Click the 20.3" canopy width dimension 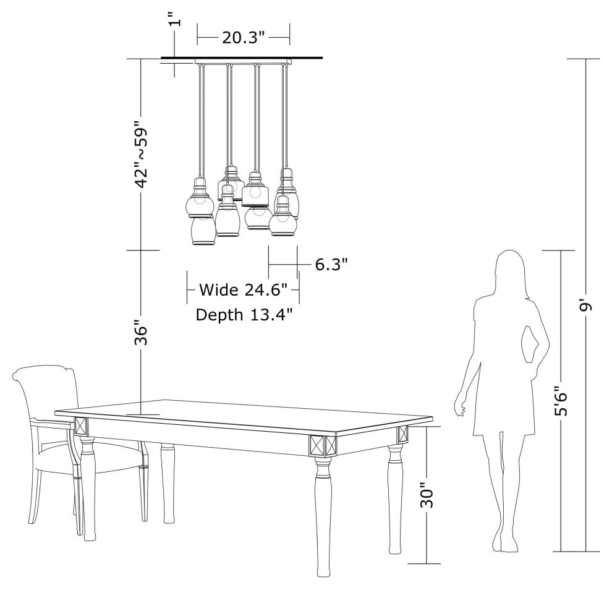click(244, 38)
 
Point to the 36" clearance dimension click(140, 332)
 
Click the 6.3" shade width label click(331, 265)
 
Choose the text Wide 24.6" click(244, 289)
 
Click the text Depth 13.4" click(244, 315)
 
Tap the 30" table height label click(427, 495)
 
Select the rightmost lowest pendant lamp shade click(284, 221)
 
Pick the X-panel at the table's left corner click(81, 426)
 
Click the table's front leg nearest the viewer click(323, 515)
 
